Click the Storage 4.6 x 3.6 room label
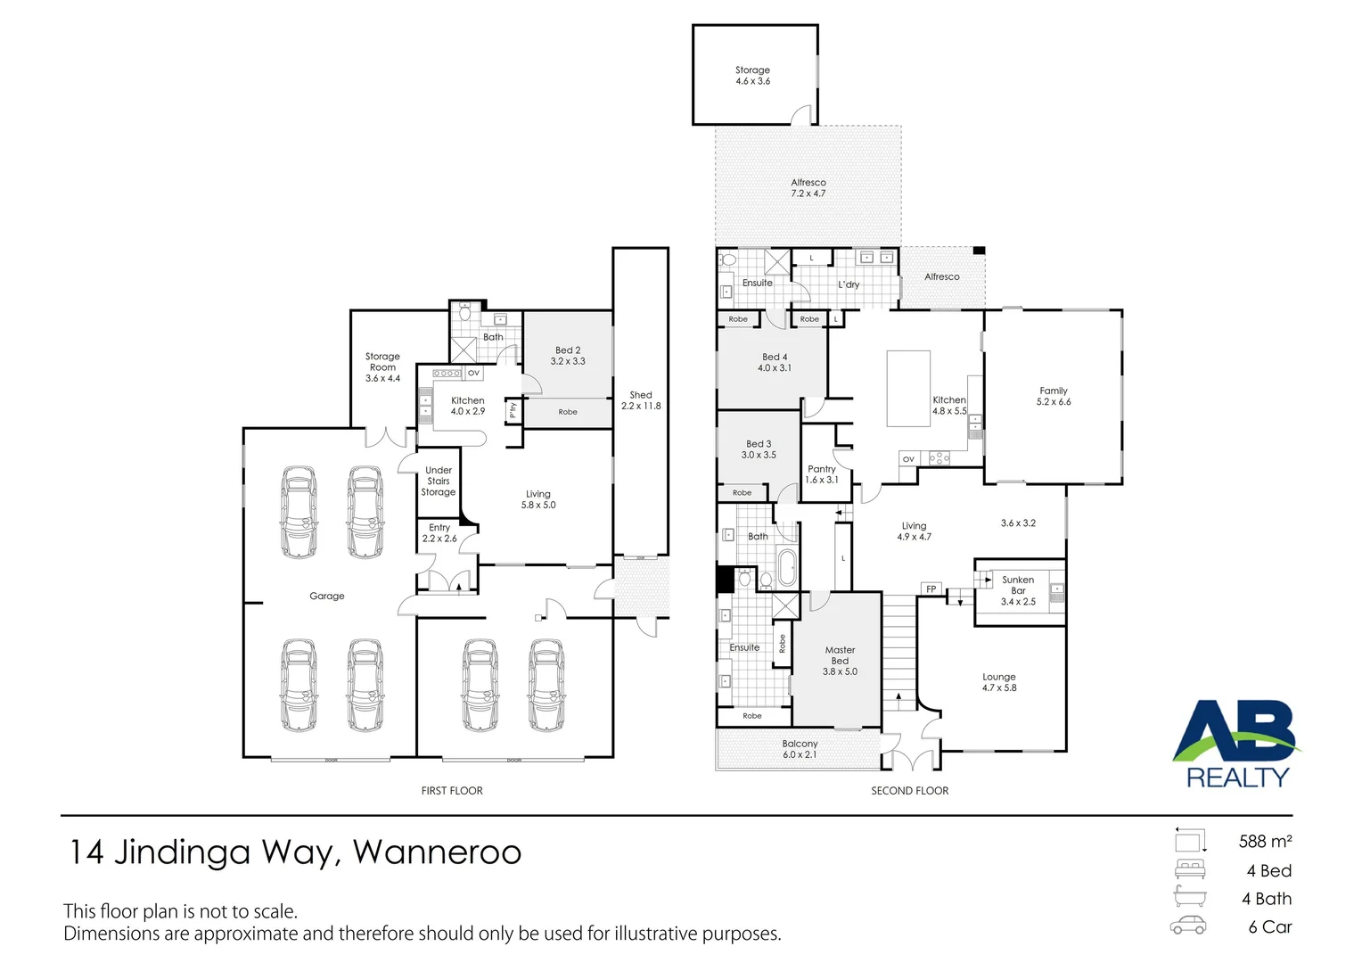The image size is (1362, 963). click(752, 76)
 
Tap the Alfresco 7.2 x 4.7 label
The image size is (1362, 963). click(808, 188)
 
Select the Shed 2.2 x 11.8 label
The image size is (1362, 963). click(641, 400)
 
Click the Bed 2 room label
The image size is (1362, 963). click(568, 356)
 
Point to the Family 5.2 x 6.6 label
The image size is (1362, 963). click(1053, 397)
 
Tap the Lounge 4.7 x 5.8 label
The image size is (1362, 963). click(998, 682)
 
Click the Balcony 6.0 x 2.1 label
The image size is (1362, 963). click(800, 749)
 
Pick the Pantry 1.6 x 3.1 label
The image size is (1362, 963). click(822, 474)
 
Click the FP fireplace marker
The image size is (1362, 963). click(931, 589)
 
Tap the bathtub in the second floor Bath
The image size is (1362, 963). click(786, 568)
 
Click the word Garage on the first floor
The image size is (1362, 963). click(327, 597)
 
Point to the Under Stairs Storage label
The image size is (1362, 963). click(439, 481)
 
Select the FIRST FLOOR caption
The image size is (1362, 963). click(452, 791)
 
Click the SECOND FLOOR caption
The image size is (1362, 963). click(909, 791)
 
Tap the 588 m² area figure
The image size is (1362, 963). click(1265, 842)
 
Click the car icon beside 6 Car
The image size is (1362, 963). click(1188, 926)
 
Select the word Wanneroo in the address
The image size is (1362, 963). click(437, 852)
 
